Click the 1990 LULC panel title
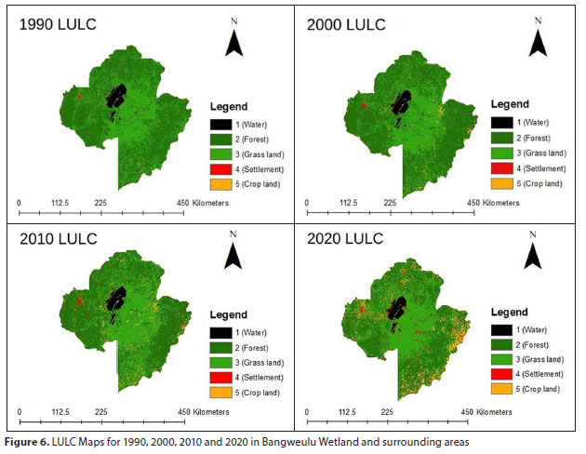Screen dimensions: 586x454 tap(58, 25)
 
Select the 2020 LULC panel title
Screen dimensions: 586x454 tap(345, 239)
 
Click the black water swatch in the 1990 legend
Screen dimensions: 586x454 tap(220, 125)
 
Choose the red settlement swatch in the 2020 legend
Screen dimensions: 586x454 tap(501, 374)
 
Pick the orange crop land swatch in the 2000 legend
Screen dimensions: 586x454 tap(502, 183)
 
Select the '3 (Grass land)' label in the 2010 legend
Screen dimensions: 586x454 tap(260, 363)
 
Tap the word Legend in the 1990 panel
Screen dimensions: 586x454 tap(229, 106)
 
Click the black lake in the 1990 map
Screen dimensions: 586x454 tap(116, 96)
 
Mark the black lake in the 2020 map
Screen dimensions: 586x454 tap(397, 308)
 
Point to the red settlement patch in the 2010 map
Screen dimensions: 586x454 tap(79, 301)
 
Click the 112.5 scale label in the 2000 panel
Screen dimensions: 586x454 tap(348, 203)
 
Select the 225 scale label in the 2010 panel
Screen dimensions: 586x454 tap(100, 412)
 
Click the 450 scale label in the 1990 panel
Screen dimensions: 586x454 tap(182, 203)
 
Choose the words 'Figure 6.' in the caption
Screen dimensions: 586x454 tap(27, 443)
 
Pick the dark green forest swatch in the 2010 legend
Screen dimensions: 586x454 tap(220, 348)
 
